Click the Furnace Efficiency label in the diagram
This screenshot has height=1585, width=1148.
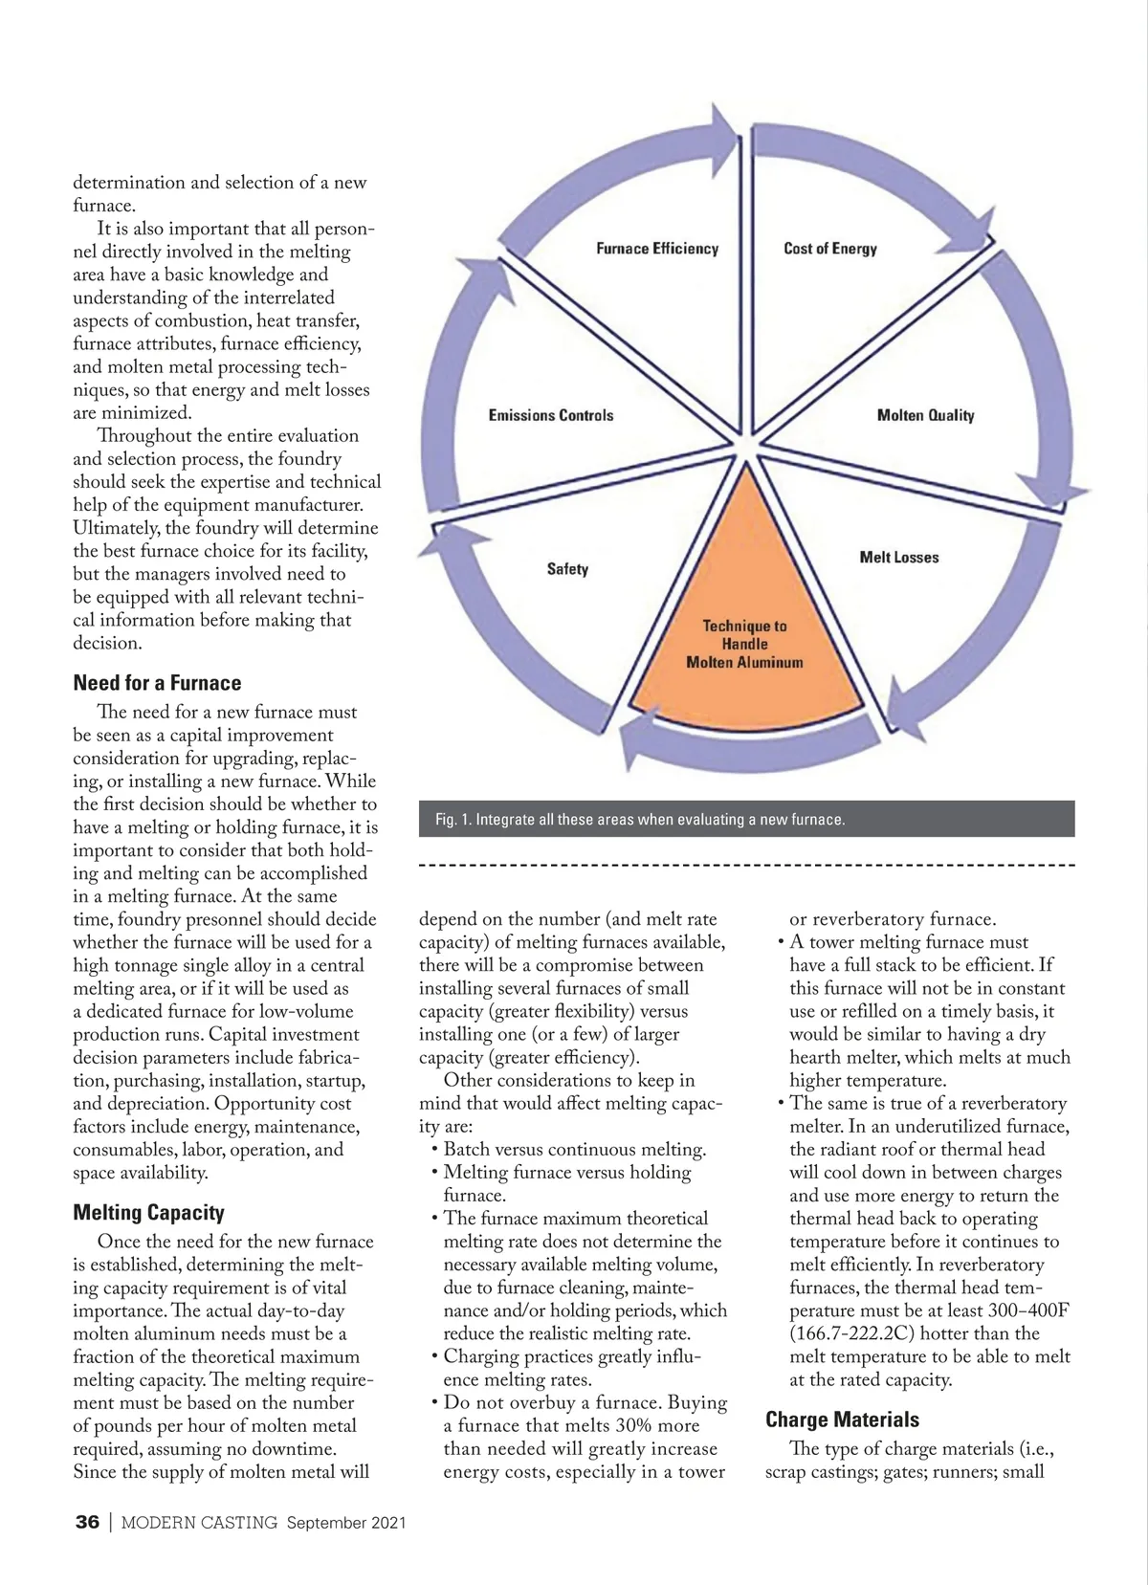[x=656, y=249]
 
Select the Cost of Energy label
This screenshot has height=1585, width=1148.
[x=829, y=249]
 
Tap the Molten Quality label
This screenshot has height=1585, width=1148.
[x=925, y=415]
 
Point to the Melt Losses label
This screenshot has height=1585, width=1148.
[x=898, y=557]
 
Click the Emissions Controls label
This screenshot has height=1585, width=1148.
[x=550, y=415]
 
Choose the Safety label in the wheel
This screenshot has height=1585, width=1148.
[x=567, y=569]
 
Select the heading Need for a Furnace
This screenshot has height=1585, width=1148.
[x=157, y=683]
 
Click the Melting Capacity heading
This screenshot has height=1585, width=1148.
[x=148, y=1213]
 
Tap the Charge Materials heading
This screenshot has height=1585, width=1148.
[x=842, y=1420]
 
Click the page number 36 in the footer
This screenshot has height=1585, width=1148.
[x=87, y=1523]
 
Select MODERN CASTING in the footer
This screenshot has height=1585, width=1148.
[x=199, y=1523]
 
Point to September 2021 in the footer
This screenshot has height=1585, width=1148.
[x=346, y=1523]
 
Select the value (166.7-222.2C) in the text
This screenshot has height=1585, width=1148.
[x=859, y=1333]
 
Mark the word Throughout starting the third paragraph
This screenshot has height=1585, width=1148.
[x=145, y=436]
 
